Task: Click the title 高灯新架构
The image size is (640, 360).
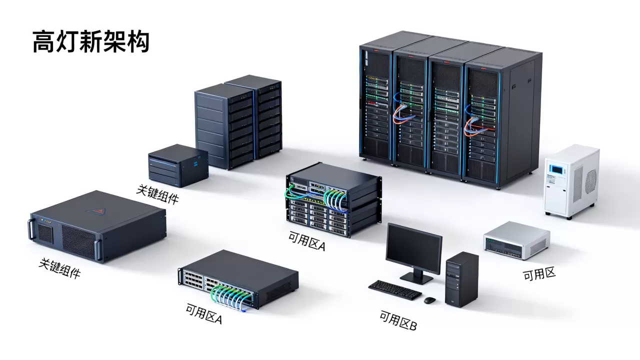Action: [91, 42]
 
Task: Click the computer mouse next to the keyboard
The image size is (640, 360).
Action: [429, 300]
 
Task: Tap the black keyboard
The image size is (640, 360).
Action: [395, 289]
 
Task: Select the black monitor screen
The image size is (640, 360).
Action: [413, 248]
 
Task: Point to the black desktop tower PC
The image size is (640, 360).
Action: [461, 279]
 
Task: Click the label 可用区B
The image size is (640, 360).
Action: [398, 320]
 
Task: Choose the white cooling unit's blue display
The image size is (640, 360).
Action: [556, 169]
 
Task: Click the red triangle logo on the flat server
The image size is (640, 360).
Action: [96, 211]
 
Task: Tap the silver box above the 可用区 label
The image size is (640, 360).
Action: [516, 240]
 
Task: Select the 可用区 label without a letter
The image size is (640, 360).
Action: [539, 274]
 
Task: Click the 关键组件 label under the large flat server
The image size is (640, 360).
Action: [59, 268]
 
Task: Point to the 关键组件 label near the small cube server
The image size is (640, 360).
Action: [157, 194]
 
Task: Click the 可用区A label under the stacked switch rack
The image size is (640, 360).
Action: [307, 241]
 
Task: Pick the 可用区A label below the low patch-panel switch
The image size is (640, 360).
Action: [203, 313]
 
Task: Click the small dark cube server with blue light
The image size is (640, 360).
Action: [178, 165]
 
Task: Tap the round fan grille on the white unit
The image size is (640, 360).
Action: [590, 181]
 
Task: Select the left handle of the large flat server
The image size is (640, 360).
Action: [30, 229]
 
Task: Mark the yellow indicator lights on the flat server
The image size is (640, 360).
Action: [46, 221]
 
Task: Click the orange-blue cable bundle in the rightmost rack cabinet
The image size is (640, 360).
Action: [475, 125]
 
